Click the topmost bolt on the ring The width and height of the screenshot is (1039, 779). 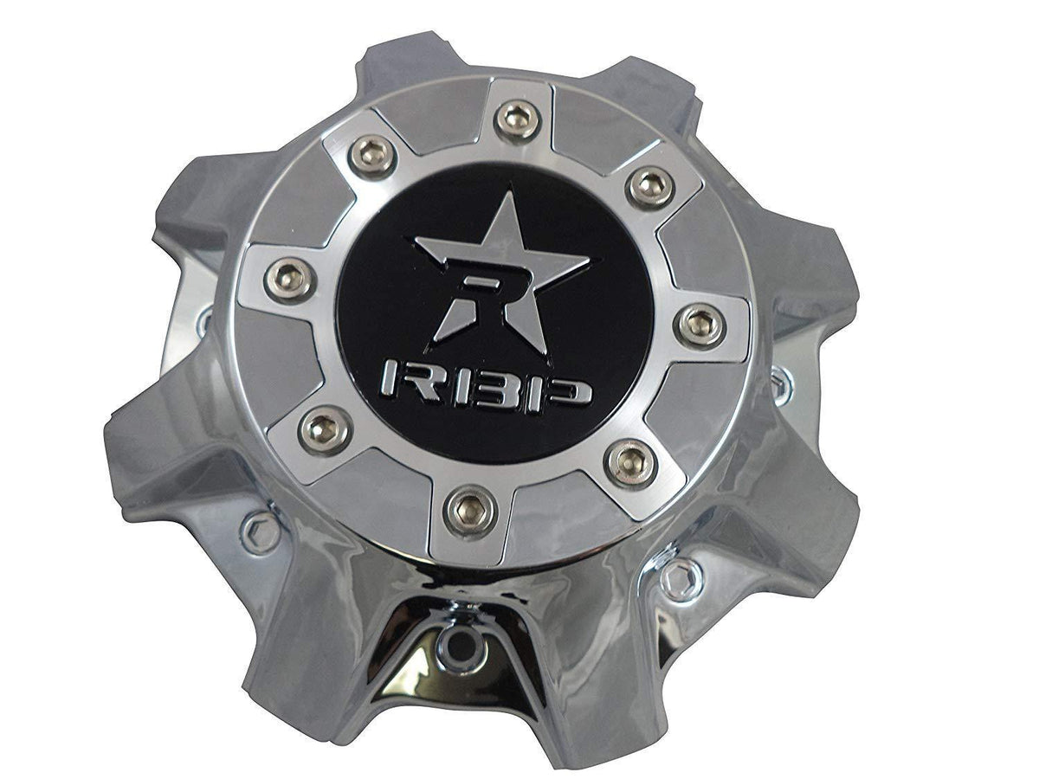[x=519, y=118]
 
